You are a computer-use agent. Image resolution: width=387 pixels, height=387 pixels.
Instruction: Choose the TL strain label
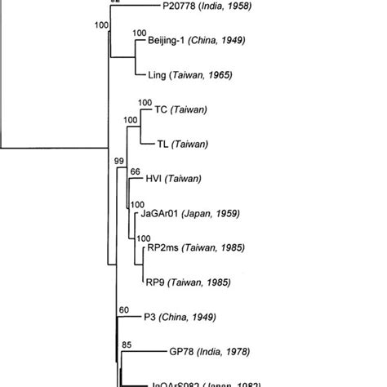pyautogui.click(x=162, y=144)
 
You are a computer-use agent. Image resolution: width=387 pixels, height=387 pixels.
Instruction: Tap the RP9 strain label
pyautogui.click(x=156, y=282)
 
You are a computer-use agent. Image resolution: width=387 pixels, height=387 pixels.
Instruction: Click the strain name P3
pyautogui.click(x=149, y=317)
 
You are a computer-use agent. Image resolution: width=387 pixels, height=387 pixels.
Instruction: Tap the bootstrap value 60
pyautogui.click(x=124, y=310)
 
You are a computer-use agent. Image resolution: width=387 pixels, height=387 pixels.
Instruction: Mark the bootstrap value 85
pyautogui.click(x=127, y=345)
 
